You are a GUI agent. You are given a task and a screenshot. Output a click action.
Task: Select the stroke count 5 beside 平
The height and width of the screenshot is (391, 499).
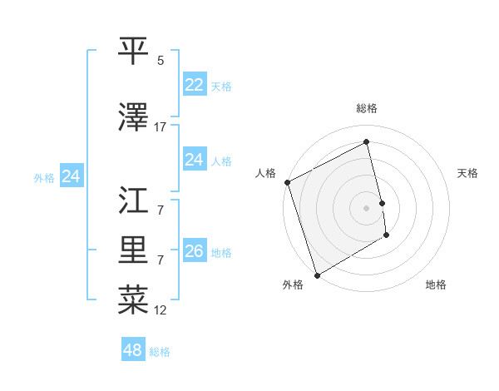(x=161, y=61)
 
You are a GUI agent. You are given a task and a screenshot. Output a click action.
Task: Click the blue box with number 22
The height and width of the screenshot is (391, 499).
(x=194, y=85)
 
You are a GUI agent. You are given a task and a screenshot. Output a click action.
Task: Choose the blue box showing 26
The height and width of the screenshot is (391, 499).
(x=194, y=251)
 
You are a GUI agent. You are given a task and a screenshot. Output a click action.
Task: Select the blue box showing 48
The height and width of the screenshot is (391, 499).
(x=132, y=350)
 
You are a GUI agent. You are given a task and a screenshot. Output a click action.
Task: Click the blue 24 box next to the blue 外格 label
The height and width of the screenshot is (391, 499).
(x=71, y=176)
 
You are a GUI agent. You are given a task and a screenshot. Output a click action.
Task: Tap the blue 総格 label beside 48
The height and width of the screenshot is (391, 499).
(x=160, y=352)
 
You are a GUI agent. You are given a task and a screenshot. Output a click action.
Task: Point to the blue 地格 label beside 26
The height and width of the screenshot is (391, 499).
(x=221, y=253)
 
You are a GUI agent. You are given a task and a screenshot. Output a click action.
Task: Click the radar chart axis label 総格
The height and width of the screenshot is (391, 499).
(x=367, y=108)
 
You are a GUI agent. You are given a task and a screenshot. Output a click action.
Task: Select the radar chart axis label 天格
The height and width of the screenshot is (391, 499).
(x=468, y=173)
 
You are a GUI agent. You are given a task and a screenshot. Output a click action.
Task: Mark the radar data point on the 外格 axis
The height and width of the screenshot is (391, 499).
(x=316, y=275)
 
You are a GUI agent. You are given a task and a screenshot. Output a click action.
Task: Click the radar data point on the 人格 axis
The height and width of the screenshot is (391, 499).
(x=287, y=182)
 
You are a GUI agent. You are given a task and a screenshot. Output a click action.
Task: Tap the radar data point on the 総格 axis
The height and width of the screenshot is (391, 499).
(x=367, y=143)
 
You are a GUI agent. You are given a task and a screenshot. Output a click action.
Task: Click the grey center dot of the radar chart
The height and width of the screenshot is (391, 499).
(x=367, y=207)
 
